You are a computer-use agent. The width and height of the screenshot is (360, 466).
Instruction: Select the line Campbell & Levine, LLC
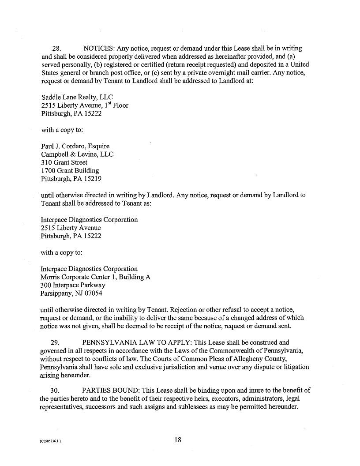77,154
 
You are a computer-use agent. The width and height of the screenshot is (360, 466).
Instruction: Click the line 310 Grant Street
64,162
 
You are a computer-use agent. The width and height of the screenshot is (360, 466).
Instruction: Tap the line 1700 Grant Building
70,170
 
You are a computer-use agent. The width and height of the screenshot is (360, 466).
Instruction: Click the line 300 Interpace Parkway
73,285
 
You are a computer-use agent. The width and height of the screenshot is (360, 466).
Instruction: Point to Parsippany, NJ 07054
71,293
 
